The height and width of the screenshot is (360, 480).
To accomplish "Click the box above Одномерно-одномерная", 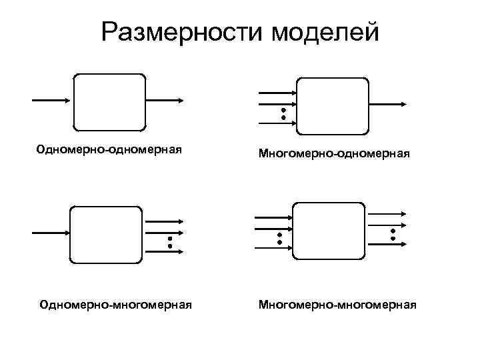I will pos(109,101).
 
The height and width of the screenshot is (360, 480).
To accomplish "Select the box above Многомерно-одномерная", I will pos(333,105).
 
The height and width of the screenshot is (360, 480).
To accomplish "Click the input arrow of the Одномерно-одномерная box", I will pos(51,100).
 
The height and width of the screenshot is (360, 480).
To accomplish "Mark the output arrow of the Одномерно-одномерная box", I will pos(164,100).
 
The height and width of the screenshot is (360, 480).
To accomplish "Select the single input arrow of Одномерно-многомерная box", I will pos(51,233).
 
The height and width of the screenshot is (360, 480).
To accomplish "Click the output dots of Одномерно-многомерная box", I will pos(170,242).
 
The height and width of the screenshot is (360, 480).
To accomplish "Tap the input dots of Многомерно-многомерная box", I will pos(280,237).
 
